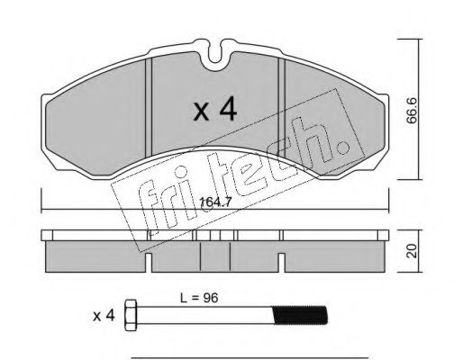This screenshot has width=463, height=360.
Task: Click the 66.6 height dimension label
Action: click(412, 110)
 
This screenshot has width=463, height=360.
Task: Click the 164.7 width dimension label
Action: click(215, 202)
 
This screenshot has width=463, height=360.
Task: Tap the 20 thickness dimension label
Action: click(412, 251)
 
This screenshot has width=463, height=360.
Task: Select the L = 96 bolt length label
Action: click(199, 298)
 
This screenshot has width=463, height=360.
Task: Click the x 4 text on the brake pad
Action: click(215, 110)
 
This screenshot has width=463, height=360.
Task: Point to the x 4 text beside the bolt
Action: click(104, 316)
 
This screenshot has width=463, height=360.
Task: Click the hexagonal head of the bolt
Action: click(131, 315)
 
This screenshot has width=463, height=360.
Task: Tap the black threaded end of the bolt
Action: click(300, 315)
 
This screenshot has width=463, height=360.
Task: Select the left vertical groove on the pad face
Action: click(149, 107)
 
